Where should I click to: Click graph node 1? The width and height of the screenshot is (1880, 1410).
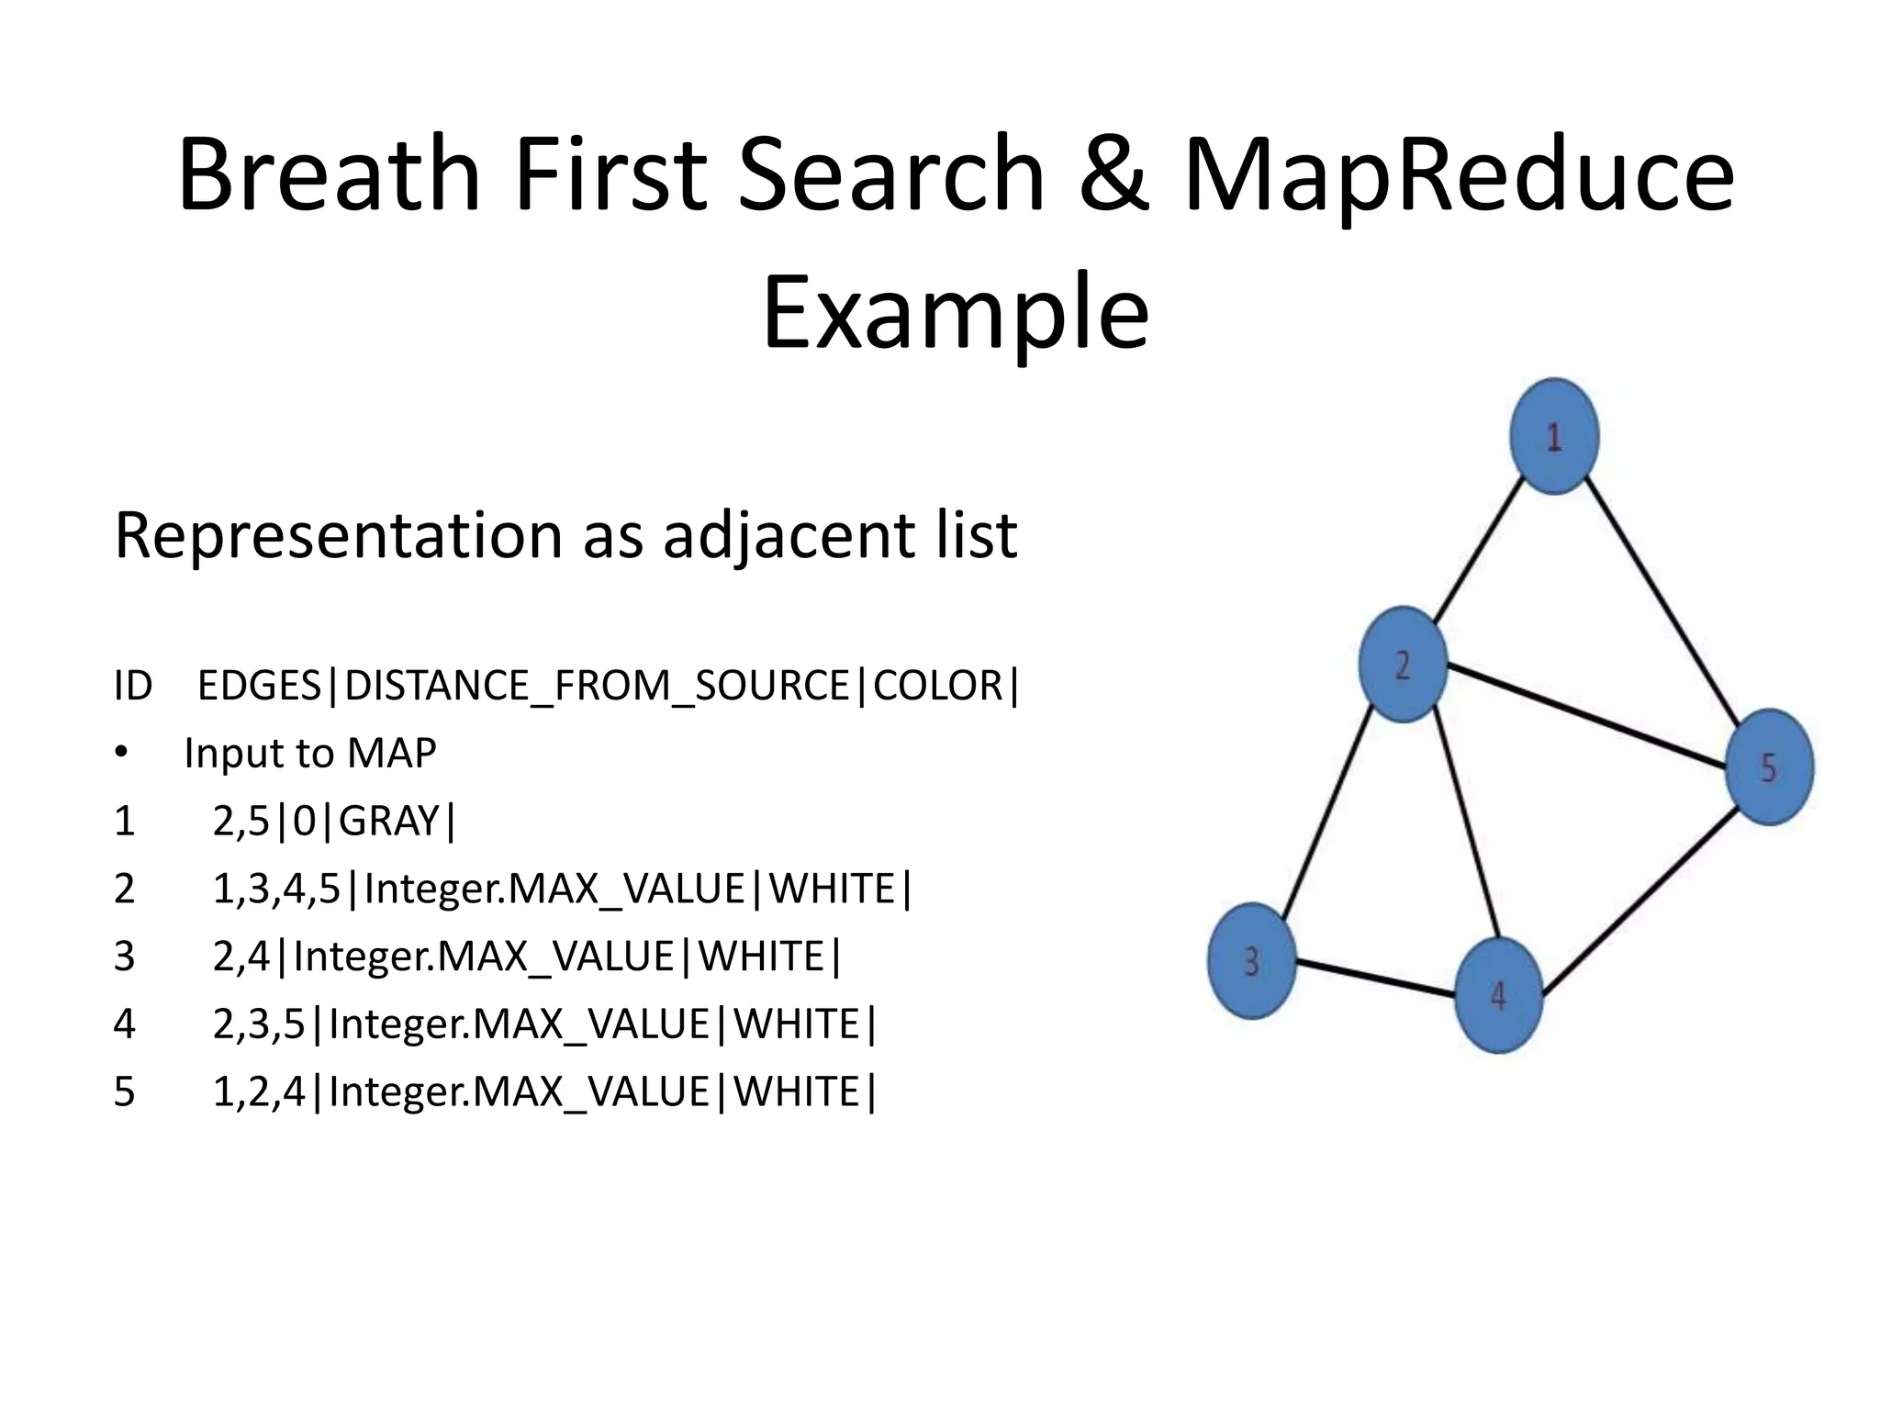click(x=1554, y=437)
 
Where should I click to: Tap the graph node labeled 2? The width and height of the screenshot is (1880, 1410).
click(x=1403, y=665)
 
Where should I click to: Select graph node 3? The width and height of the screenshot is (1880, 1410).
click(x=1251, y=961)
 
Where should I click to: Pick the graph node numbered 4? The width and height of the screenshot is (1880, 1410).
click(x=1498, y=995)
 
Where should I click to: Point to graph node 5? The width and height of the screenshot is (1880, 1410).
click(x=1769, y=767)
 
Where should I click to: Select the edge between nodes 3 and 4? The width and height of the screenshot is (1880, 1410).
click(x=1375, y=978)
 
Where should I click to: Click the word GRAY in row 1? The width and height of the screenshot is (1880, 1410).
click(x=389, y=821)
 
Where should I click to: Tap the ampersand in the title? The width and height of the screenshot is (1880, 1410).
click(x=1113, y=174)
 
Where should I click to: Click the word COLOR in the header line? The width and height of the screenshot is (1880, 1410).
click(x=938, y=686)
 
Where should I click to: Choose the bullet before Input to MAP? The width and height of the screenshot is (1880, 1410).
click(x=121, y=754)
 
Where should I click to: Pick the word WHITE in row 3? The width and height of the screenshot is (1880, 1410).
click(x=762, y=957)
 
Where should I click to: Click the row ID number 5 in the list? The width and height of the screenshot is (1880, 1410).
click(x=124, y=1092)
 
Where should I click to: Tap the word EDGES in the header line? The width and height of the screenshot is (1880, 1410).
click(x=260, y=686)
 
